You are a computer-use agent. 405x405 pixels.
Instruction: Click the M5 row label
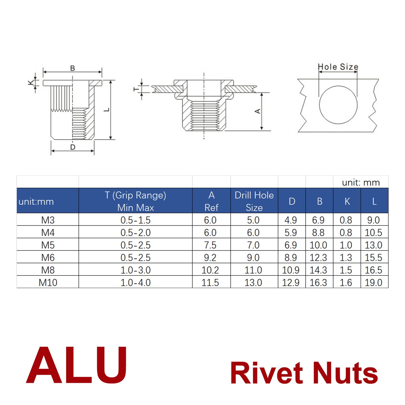[x=48, y=245]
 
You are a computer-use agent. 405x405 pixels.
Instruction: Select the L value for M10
[x=373, y=283]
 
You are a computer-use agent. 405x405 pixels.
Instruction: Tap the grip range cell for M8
[x=136, y=270]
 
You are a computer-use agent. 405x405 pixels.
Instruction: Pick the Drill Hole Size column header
[x=254, y=201]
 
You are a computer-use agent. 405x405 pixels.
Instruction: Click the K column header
[x=347, y=201]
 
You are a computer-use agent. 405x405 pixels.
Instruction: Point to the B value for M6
[x=318, y=258]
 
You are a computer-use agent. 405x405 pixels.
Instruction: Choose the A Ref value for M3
[x=210, y=220]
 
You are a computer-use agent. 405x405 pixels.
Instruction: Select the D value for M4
[x=291, y=233]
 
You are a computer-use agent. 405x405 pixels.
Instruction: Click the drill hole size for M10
[x=253, y=283]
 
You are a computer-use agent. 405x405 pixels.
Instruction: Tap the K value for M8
[x=346, y=270]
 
